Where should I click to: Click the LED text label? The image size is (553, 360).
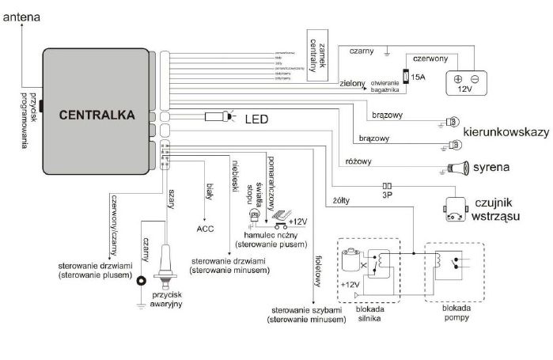(x=256, y=119)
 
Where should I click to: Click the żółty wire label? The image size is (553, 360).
(x=343, y=179)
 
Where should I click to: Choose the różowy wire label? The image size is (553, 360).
(x=360, y=161)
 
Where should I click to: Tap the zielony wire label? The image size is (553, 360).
(x=350, y=81)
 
